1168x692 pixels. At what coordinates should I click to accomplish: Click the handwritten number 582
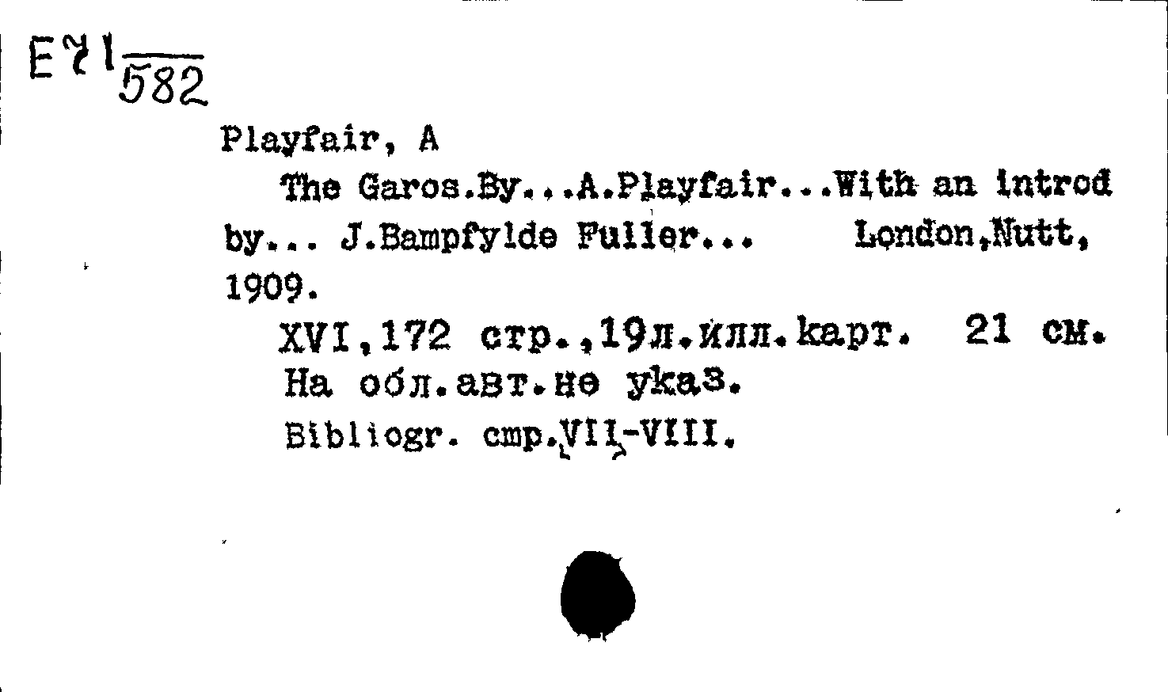[x=162, y=85]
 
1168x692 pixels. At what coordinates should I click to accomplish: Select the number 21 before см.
[x=989, y=334]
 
